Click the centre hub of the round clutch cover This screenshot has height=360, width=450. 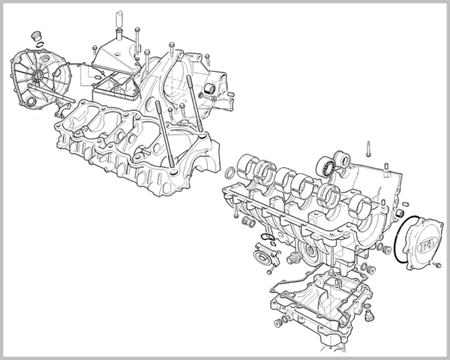[x=37, y=76]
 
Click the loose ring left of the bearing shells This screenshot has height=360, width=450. [x=231, y=173]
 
